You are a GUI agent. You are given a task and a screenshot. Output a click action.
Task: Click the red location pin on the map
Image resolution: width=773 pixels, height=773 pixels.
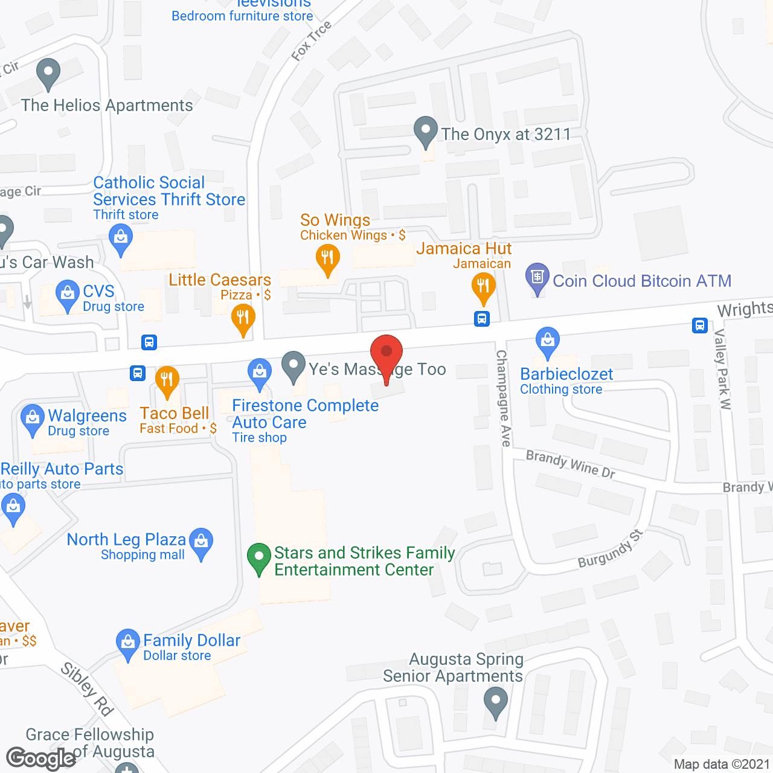(x=386, y=354)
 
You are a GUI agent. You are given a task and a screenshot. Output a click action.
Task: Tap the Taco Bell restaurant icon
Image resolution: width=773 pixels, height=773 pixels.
(x=167, y=380)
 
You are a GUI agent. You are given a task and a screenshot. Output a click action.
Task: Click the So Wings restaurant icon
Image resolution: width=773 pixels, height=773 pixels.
(x=327, y=258)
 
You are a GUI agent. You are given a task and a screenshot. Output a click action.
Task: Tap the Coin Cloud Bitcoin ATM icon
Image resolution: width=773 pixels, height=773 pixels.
(x=537, y=278)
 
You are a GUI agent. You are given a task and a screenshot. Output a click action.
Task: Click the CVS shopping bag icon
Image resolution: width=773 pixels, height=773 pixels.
(x=67, y=294)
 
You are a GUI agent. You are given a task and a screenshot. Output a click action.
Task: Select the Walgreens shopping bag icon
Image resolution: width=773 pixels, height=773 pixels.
(x=32, y=418)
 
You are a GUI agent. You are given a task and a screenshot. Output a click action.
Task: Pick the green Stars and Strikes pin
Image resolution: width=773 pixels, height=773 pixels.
(x=259, y=557)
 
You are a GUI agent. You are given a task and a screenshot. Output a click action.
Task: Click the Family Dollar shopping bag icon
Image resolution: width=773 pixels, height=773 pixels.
(x=127, y=643)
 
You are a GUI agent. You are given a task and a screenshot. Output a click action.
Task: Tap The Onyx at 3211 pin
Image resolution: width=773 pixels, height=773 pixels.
(x=425, y=130)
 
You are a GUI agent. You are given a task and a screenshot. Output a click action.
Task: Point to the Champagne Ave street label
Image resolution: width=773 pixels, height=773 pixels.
(x=503, y=399)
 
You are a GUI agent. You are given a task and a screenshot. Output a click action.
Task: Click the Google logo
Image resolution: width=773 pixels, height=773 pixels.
(x=41, y=758)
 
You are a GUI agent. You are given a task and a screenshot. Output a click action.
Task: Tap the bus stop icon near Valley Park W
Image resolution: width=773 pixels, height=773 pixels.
(x=699, y=326)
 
